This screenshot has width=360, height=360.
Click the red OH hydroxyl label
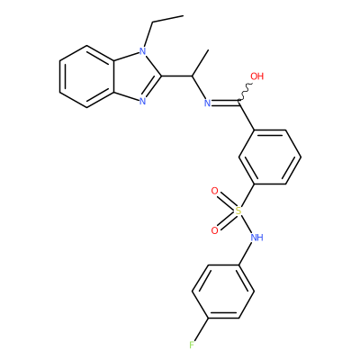(x=257, y=76)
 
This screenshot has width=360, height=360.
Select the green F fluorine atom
(x=192, y=345)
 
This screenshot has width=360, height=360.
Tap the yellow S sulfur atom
(x=238, y=211)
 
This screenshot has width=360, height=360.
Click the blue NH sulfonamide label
(x=257, y=238)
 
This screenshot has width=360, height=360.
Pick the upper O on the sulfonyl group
(x=214, y=191)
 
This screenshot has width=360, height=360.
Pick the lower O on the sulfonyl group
(x=214, y=230)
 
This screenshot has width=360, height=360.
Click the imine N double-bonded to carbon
(x=208, y=103)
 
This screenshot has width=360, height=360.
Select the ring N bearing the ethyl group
(x=143, y=51)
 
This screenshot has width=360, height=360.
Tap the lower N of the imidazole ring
(x=143, y=101)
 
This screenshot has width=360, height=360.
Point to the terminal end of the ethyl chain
(x=183, y=15)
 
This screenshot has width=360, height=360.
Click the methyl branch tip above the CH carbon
(x=208, y=50)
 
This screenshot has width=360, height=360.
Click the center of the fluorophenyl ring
(x=223, y=292)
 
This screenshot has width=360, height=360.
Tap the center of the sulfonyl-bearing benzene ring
(x=270, y=157)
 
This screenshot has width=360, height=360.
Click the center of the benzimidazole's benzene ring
(x=87, y=76)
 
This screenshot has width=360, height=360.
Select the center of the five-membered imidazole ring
(x=134, y=76)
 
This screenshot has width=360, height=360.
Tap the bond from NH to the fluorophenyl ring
(x=246, y=254)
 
